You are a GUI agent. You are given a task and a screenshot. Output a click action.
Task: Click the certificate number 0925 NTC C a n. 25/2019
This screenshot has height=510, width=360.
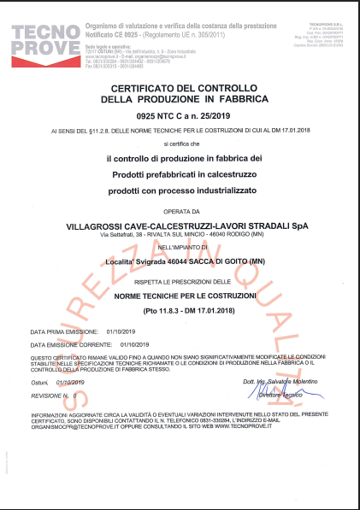(x=180, y=114)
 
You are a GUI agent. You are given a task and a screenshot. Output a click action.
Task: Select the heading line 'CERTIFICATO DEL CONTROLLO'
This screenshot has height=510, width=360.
(x=180, y=88)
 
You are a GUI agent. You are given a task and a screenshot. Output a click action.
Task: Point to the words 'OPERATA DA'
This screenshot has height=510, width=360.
(x=180, y=210)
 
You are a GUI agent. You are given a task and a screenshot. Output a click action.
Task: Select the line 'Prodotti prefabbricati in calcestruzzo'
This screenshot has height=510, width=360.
(x=180, y=173)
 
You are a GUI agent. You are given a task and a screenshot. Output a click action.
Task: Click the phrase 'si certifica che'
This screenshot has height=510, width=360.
(x=180, y=145)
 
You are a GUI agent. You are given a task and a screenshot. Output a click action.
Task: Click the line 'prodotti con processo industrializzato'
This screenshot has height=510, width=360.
(x=180, y=187)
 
